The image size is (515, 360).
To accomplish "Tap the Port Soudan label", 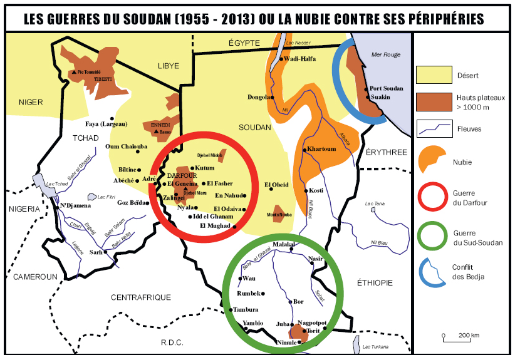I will (386, 89).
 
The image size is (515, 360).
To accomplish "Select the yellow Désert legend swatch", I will (434, 75).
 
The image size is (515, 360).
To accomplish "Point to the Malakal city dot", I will (291, 251).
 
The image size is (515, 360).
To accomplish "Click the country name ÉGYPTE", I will (244, 42).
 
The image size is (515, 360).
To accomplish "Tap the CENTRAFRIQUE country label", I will (140, 297).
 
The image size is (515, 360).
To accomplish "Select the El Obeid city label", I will (276, 185).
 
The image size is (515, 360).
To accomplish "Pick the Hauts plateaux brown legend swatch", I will (434, 101).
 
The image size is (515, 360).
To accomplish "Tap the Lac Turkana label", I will (375, 347).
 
